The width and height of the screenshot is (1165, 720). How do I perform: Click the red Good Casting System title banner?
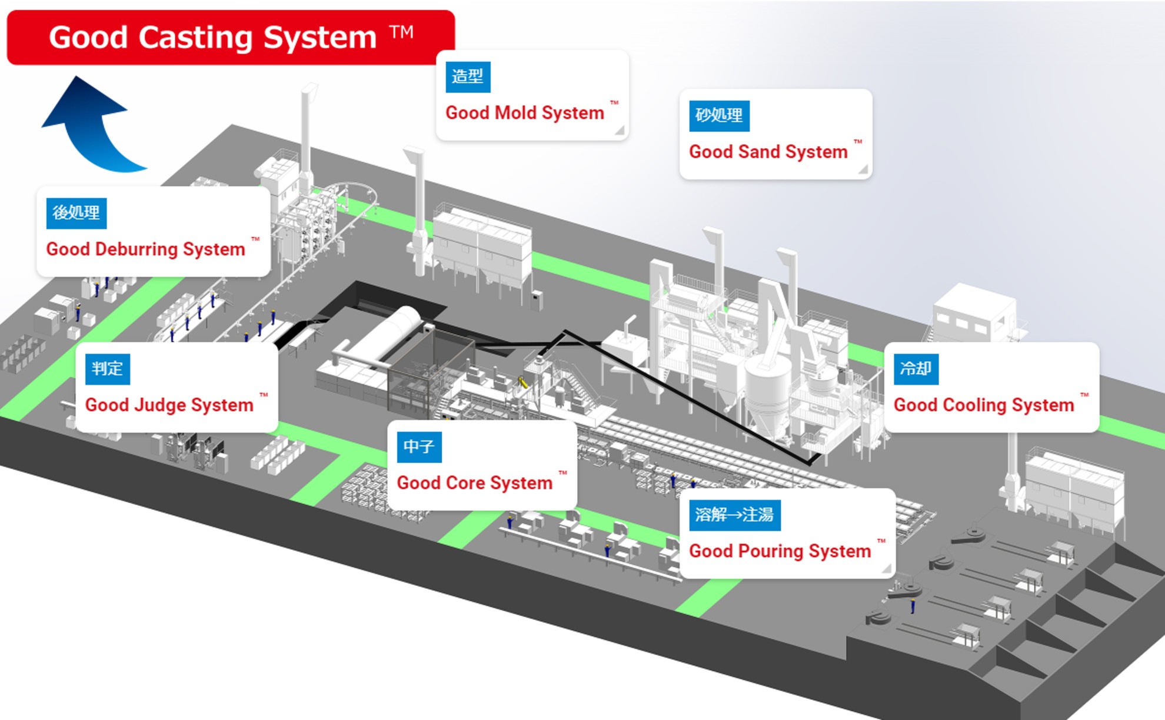[231, 37]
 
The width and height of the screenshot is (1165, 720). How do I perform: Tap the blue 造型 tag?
[468, 77]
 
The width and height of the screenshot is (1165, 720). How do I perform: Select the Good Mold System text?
[524, 112]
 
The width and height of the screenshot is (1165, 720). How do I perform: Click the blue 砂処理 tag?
[719, 115]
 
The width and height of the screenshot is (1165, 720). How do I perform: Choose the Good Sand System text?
[768, 152]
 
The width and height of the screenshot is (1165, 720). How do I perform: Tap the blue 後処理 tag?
[76, 213]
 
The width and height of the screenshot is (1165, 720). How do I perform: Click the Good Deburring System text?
[145, 249]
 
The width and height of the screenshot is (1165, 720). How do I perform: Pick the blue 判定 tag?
[107, 369]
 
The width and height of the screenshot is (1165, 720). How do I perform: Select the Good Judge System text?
[169, 405]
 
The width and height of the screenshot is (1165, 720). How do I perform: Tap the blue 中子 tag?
[419, 446]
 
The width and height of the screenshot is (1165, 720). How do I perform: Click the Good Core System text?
[474, 483]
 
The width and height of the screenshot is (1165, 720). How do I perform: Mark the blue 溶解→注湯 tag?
[734, 515]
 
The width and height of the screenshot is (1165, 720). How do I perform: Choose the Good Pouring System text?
[780, 551]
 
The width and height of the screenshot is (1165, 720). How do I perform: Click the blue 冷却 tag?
[916, 369]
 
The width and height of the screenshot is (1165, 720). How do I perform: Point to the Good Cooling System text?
[983, 405]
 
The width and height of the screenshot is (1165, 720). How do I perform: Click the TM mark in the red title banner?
[401, 32]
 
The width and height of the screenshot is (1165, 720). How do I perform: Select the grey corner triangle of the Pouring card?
[887, 569]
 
